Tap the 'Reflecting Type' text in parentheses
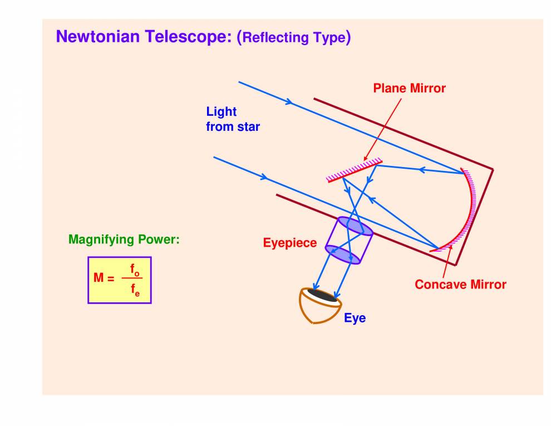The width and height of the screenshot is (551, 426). [294, 38]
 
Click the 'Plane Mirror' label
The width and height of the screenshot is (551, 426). [409, 88]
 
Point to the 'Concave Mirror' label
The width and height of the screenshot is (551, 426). [460, 285]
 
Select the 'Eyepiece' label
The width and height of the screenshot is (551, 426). [289, 243]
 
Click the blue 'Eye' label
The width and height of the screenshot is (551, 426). [355, 319]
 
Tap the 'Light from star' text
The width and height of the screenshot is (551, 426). [233, 119]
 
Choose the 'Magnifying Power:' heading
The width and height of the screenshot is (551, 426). [124, 239]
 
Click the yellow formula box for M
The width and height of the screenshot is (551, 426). [119, 280]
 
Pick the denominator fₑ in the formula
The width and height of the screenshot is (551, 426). [135, 290]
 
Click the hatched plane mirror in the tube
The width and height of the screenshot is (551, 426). [354, 170]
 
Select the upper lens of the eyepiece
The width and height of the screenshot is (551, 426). [355, 226]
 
